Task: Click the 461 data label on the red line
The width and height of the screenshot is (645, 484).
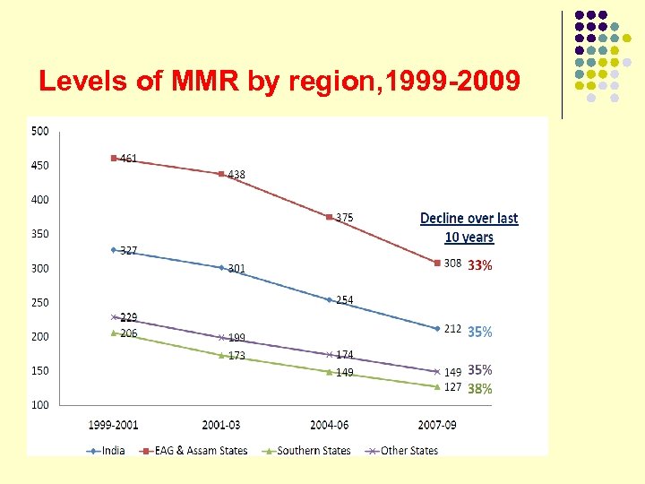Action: pyautogui.click(x=129, y=159)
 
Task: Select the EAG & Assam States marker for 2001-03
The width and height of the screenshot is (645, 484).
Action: pyautogui.click(x=221, y=174)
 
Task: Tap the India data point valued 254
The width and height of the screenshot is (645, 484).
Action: pyautogui.click(x=329, y=299)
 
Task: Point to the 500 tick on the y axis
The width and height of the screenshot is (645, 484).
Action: pyautogui.click(x=40, y=131)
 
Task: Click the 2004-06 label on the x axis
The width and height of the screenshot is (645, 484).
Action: pyautogui.click(x=330, y=423)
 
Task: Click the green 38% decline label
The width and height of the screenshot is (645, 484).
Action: pyautogui.click(x=479, y=389)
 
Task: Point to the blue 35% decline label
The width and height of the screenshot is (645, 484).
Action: pyautogui.click(x=479, y=331)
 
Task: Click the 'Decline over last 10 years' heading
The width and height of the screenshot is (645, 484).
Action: pyautogui.click(x=469, y=228)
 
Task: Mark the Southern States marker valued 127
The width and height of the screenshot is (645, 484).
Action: pyautogui.click(x=437, y=386)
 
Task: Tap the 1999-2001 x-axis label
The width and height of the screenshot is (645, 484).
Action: pyautogui.click(x=114, y=423)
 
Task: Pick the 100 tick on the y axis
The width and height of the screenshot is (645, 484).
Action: pyautogui.click(x=40, y=405)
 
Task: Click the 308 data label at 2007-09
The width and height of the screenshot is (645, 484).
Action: pyautogui.click(x=452, y=264)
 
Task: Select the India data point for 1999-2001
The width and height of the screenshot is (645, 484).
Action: pyautogui.click(x=114, y=249)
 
